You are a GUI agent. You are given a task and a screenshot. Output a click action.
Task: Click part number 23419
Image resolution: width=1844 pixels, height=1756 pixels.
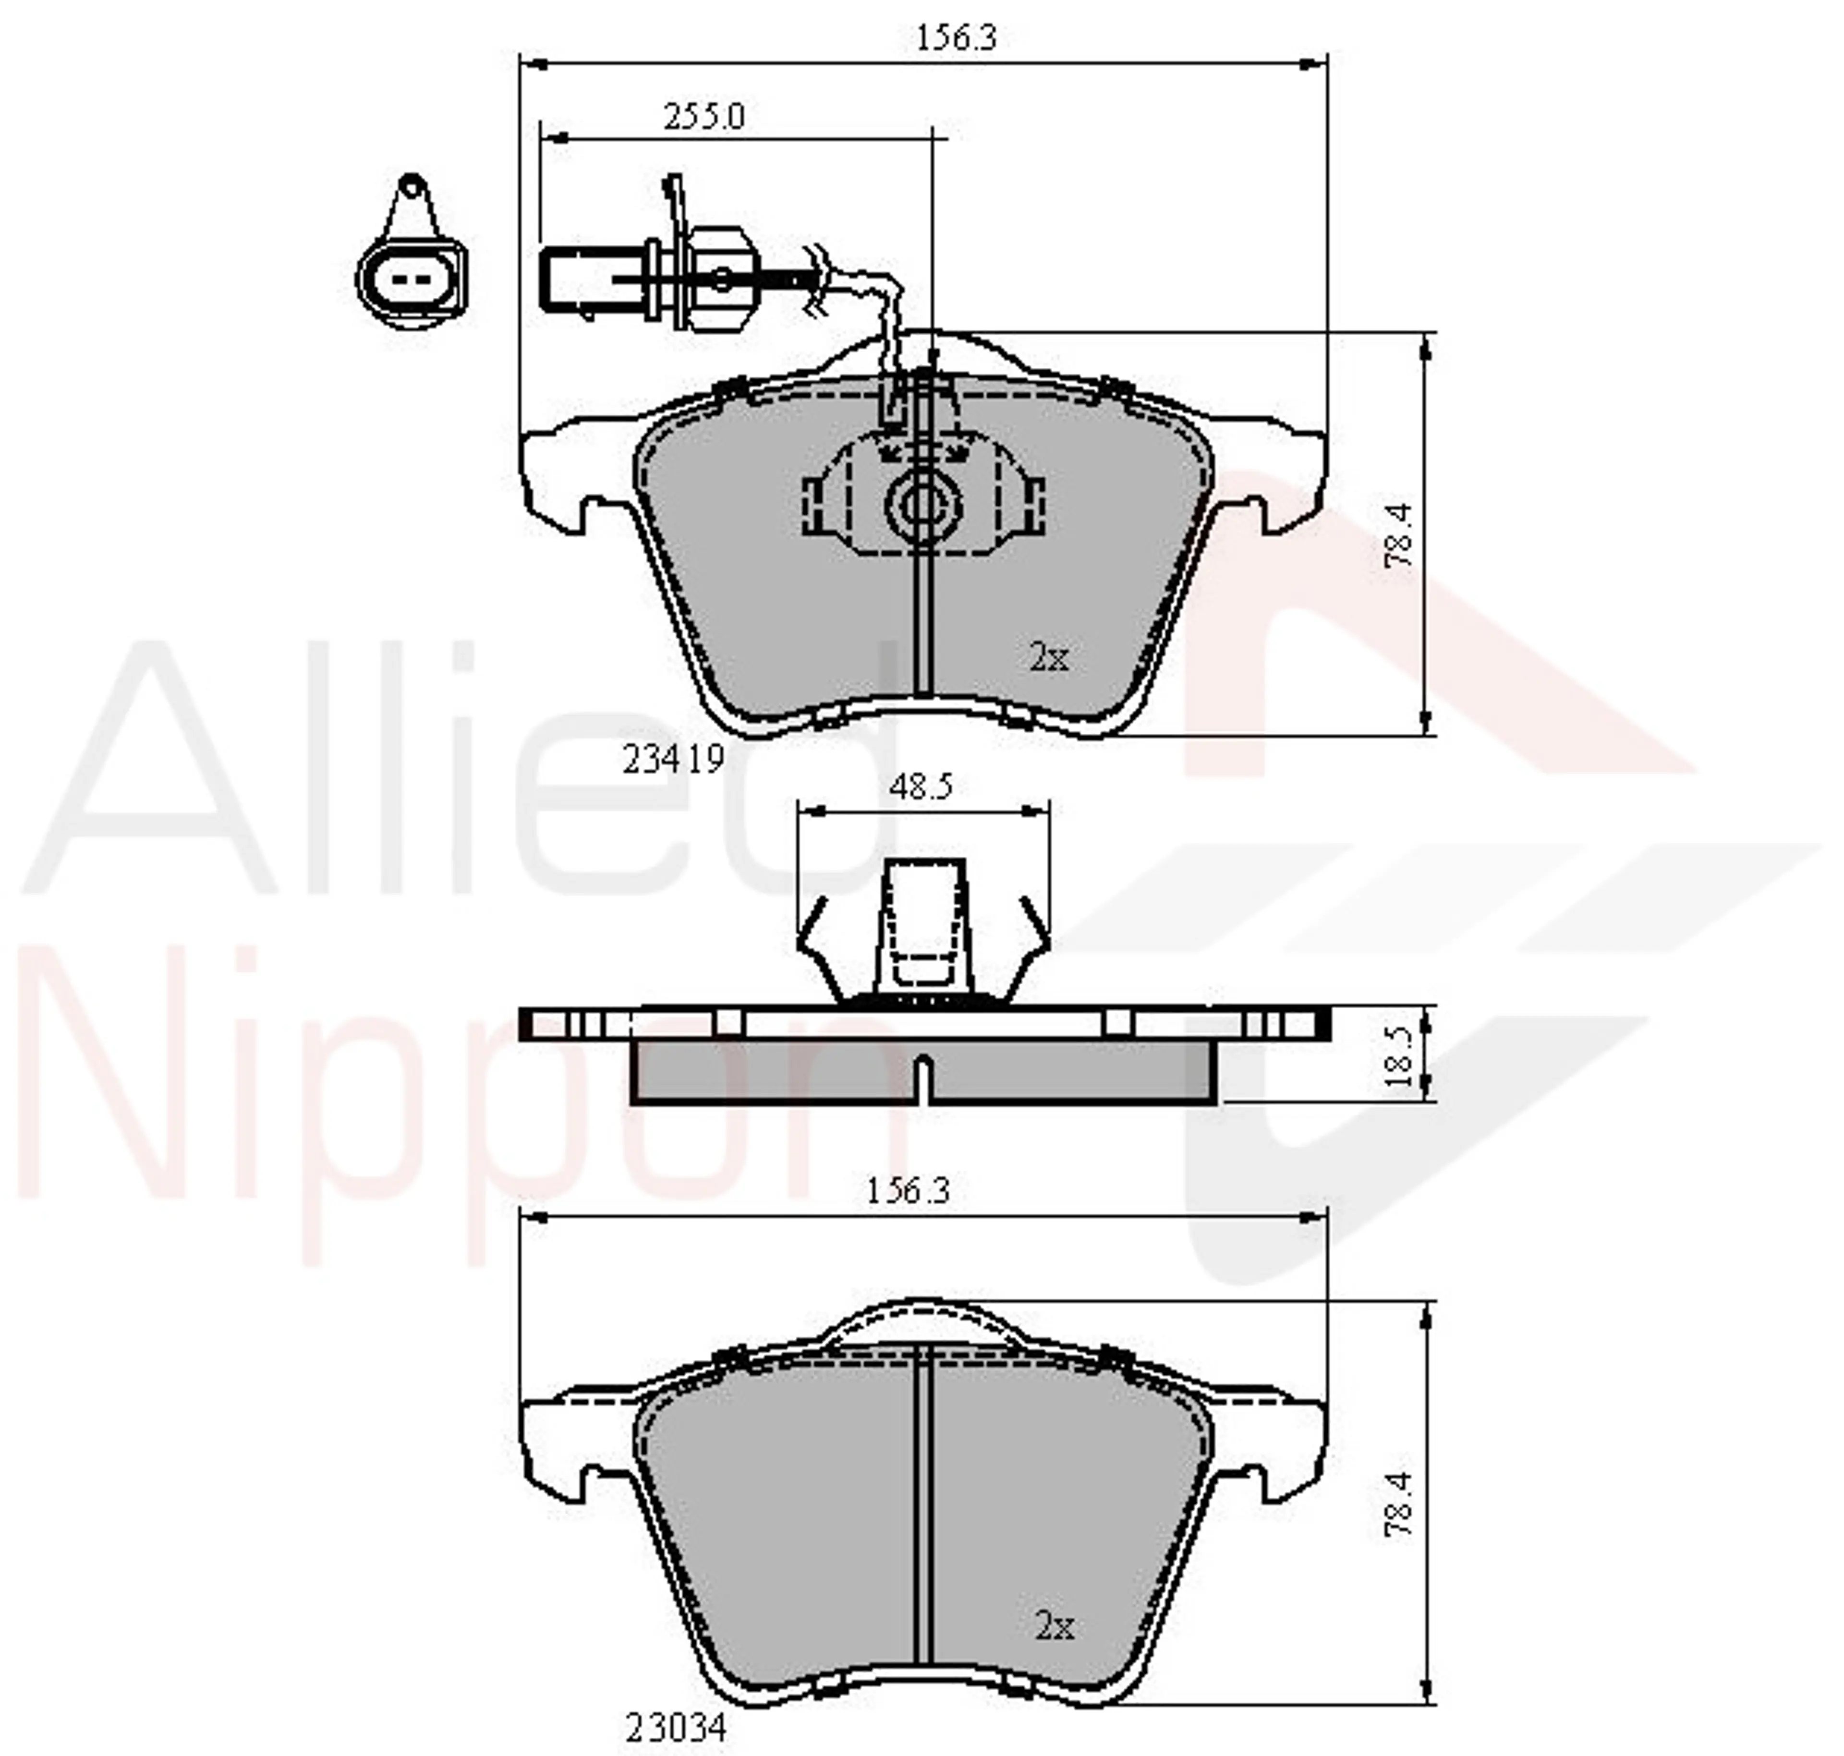[674, 759]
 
